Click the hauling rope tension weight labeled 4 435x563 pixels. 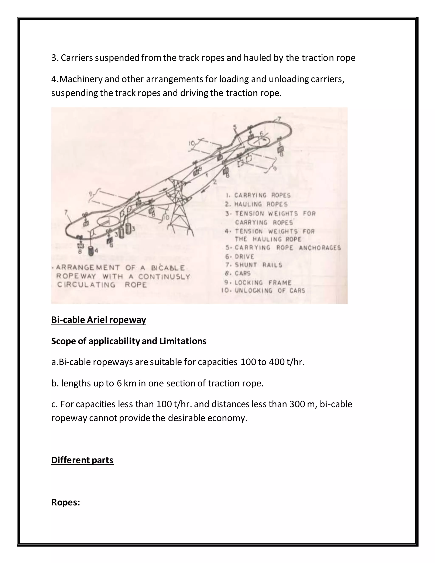pos(91,251)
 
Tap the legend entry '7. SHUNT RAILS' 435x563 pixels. pos(254,265)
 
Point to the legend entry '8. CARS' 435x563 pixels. pos(238,273)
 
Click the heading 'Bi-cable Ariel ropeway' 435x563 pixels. pos(98,320)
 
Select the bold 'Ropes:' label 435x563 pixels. pos(65,502)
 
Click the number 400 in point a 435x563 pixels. pos(277,362)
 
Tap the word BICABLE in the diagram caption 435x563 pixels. pos(168,268)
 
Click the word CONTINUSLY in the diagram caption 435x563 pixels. pos(164,277)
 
